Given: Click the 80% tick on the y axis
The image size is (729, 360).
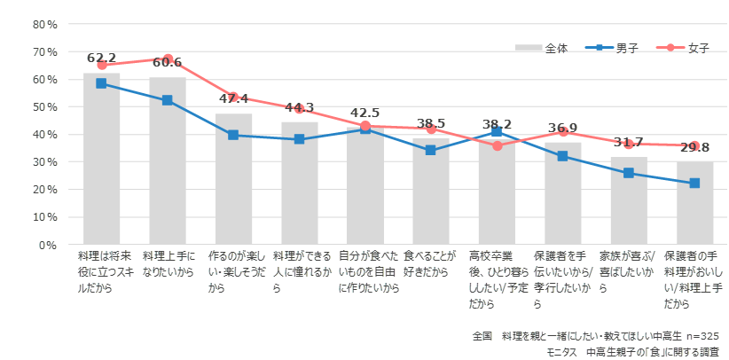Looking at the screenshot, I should pyautogui.click(x=46, y=24).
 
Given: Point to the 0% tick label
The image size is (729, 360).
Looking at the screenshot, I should pyautogui.click(x=49, y=244).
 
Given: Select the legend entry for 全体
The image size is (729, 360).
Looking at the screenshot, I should pyautogui.click(x=544, y=48).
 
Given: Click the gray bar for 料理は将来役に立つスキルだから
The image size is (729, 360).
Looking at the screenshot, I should pyautogui.click(x=102, y=160).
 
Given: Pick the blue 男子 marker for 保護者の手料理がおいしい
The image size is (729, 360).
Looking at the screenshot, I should pyautogui.click(x=694, y=183).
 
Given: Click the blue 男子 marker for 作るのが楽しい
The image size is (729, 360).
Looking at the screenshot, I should pyautogui.click(x=233, y=135).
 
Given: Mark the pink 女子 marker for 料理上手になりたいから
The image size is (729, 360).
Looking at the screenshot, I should pyautogui.click(x=168, y=59).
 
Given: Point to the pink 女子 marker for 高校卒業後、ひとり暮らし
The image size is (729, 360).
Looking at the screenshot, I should pyautogui.click(x=497, y=145).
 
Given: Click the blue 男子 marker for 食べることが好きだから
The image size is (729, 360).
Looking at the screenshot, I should pyautogui.click(x=431, y=150).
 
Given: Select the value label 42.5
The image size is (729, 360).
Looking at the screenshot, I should pyautogui.click(x=364, y=113).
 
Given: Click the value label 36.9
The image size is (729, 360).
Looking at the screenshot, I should pyautogui.click(x=562, y=129).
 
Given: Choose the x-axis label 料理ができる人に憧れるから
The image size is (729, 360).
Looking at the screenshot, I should pyautogui.click(x=300, y=271).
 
